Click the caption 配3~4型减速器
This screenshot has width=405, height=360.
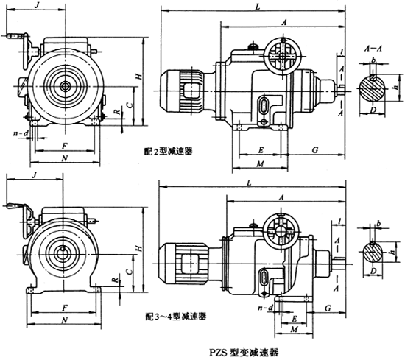pyautogui.click(x=176, y=315)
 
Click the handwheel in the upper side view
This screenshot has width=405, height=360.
pyautogui.click(x=282, y=54)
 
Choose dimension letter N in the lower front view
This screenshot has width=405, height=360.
pyautogui.click(x=66, y=322)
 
